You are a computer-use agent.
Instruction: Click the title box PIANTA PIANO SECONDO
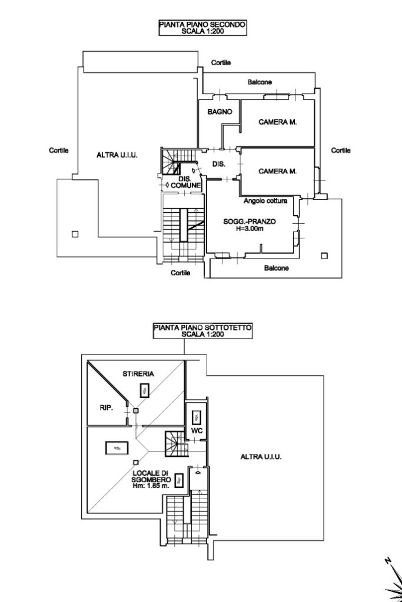202,28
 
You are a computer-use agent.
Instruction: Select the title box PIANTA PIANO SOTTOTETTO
202,331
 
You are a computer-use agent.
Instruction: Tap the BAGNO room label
220,112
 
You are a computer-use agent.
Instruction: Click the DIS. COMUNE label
185,182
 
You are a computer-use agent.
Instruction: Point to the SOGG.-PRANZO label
250,222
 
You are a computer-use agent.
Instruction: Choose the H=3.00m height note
250,229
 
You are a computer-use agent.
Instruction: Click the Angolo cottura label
265,201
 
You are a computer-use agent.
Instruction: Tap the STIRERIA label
138,373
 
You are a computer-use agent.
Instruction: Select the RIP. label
106,408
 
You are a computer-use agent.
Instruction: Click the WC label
197,431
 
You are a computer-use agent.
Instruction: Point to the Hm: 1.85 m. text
151,486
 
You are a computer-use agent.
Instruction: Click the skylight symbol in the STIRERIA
145,390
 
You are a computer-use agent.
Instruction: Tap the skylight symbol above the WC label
197,417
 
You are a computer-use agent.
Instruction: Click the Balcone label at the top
260,82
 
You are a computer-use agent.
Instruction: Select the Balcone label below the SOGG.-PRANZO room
276,268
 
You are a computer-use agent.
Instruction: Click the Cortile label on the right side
341,150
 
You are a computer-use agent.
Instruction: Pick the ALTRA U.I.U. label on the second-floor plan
117,155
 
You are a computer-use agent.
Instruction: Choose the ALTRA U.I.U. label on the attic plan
261,457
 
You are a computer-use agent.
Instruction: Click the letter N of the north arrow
388,561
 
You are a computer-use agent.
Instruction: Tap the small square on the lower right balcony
325,256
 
